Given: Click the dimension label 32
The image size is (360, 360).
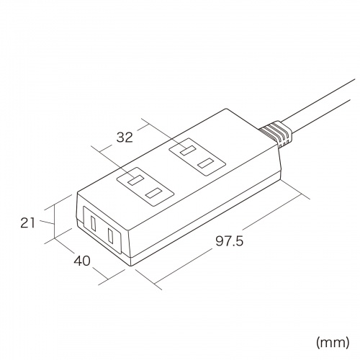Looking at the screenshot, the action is tap(125, 138).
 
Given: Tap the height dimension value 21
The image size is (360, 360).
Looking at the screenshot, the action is tap(27, 223).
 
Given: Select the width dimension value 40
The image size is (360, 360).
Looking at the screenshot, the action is tap(82, 261).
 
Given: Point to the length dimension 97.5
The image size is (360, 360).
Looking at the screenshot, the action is tap(230, 241).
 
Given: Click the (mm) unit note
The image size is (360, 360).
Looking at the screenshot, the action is tap(333, 343).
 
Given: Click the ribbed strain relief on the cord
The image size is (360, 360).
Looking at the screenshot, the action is tap(276, 134).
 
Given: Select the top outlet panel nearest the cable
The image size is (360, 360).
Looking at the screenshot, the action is tap(197, 157).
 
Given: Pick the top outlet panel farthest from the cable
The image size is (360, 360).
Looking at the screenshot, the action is tap(145, 186).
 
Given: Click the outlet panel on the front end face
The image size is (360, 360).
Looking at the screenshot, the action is tap(102, 229).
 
